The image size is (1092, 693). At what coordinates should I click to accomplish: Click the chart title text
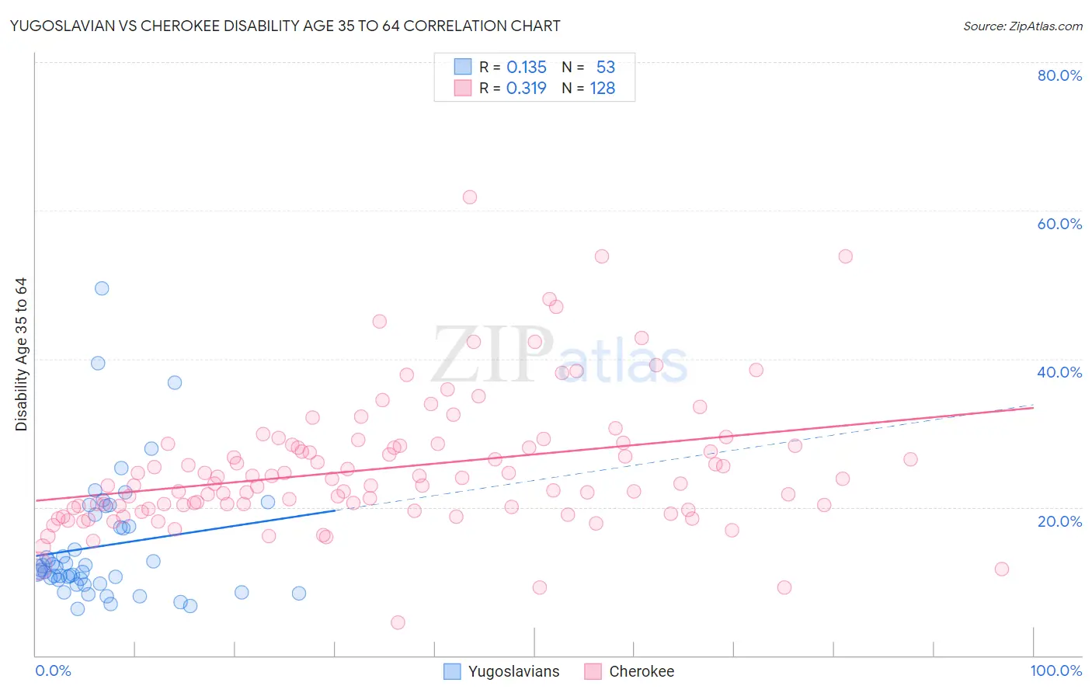284,26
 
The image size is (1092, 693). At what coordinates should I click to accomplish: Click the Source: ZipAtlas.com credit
1022,26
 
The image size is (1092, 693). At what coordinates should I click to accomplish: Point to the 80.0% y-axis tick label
1059,75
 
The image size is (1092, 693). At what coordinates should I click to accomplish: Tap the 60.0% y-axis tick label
1059,224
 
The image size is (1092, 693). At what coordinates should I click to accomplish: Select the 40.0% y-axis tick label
1059,372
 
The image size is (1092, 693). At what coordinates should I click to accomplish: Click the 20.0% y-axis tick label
1059,521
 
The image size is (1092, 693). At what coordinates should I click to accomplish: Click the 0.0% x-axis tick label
53,670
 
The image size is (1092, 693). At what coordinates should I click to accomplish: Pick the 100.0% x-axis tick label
1055,670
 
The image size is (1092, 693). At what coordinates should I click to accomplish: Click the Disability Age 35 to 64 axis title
21,354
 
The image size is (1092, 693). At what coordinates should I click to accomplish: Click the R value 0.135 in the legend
527,68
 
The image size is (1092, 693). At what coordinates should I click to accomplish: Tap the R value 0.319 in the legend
527,89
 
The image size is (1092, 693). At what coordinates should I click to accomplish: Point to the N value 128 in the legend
603,89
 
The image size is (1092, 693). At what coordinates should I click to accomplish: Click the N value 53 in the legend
606,68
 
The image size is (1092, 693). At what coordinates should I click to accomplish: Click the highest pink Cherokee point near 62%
470,197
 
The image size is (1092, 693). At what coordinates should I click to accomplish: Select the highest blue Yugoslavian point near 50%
102,288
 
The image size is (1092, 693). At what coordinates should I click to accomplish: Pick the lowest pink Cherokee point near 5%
398,622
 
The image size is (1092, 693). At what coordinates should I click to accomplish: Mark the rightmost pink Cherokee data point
1002,569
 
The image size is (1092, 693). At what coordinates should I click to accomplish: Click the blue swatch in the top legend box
463,67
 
